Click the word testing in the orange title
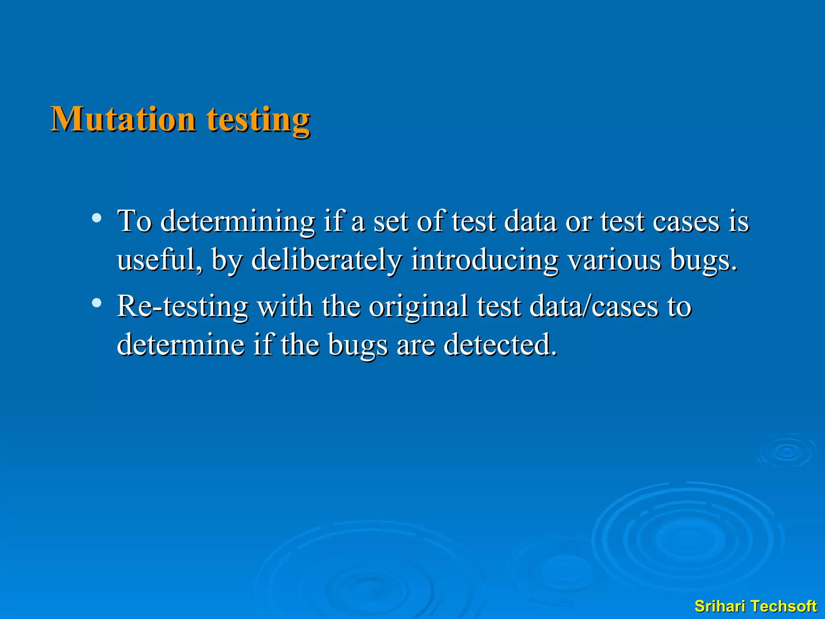coord(258,120)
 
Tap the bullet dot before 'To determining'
coord(96,218)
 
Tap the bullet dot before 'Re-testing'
coord(96,303)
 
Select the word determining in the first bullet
coord(238,222)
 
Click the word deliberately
coord(326,260)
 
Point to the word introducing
coord(485,260)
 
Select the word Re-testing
coord(182,306)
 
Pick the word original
coord(418,306)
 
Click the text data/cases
coord(594,306)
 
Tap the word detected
coord(500,345)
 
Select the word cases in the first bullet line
coord(686,222)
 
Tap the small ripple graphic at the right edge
coord(787,451)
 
